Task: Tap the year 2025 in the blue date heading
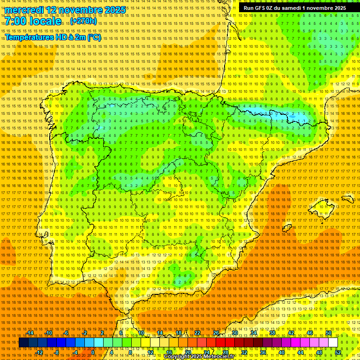click(114, 10)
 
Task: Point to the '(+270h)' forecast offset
click(83, 21)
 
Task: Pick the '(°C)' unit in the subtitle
click(93, 37)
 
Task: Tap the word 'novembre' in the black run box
click(318, 7)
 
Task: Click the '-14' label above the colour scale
click(30, 333)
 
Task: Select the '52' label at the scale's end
click(338, 352)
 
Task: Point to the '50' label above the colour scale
click(329, 333)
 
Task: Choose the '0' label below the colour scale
click(93, 352)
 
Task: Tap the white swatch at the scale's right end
click(333, 343)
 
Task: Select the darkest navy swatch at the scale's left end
click(23, 343)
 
